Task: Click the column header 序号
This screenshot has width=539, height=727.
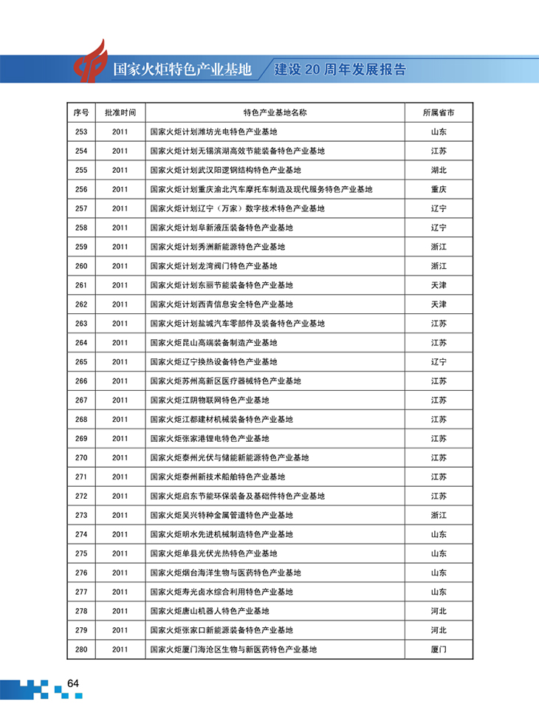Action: point(81,113)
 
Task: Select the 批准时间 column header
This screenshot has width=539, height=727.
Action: point(120,113)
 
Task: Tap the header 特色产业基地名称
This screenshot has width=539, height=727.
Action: point(275,113)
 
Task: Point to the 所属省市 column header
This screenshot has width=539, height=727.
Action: point(439,113)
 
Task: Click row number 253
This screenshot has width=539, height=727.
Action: point(81,132)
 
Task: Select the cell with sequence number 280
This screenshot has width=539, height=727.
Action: point(81,649)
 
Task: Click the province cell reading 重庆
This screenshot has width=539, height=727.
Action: point(439,190)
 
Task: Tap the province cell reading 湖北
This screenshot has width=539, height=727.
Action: point(439,171)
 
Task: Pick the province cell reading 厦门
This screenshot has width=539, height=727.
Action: point(439,649)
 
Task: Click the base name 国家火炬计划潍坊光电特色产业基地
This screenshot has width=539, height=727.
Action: point(213,132)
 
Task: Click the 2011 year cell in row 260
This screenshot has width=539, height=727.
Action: point(120,266)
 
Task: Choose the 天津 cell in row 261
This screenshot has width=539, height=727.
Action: point(439,285)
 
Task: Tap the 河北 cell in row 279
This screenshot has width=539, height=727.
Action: point(439,630)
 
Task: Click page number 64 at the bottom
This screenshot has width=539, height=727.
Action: point(72,683)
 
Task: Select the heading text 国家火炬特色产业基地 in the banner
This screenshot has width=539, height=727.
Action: point(182,70)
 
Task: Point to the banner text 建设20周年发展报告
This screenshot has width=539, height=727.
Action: point(340,70)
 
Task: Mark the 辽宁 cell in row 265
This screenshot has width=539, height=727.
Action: point(439,362)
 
